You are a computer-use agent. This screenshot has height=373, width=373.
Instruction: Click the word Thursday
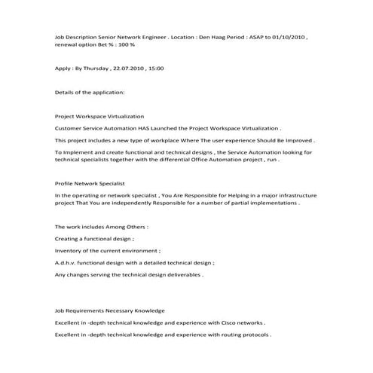coord(96,69)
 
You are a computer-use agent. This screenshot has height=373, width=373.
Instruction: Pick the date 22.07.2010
coord(129,69)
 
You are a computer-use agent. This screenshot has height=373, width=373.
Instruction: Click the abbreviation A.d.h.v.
coord(67,262)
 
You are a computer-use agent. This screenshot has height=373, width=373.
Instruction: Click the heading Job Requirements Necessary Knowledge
coord(110,310)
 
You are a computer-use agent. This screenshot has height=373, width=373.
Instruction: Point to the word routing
coord(227,335)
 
